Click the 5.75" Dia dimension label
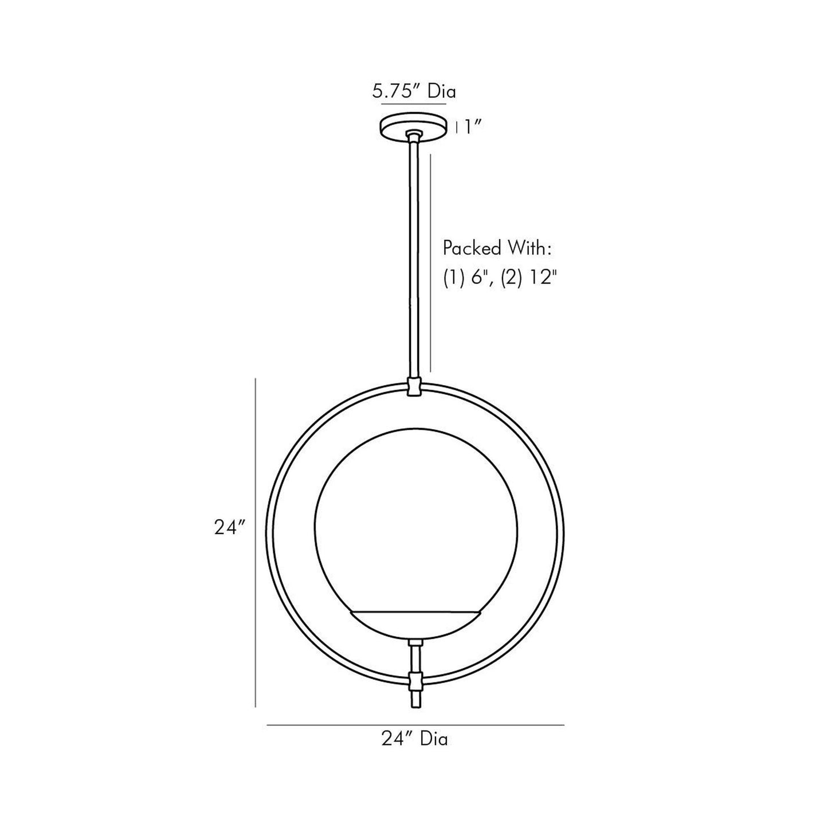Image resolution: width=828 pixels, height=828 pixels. pos(414,92)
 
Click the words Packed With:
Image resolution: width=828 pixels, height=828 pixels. pos(497,248)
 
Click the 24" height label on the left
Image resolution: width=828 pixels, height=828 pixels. pos(230,528)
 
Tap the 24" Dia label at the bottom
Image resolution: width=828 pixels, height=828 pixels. pos(414,739)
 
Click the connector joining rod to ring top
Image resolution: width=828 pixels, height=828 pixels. pos(414,387)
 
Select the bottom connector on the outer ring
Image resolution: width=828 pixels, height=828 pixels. pos(415,681)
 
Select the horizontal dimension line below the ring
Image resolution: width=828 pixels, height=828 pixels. pos(415,725)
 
